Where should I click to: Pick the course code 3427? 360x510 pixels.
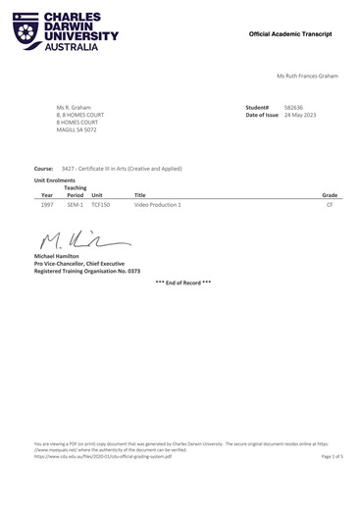tap(69, 168)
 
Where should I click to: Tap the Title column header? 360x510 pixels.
tap(139, 195)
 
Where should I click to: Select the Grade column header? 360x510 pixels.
tap(330, 195)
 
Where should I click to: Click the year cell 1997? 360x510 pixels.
tap(47, 206)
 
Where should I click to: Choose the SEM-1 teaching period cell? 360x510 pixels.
tap(76, 206)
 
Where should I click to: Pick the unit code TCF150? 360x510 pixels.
tap(101, 206)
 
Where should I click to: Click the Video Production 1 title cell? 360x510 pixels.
tap(157, 206)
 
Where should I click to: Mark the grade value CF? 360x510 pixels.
tap(330, 206)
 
